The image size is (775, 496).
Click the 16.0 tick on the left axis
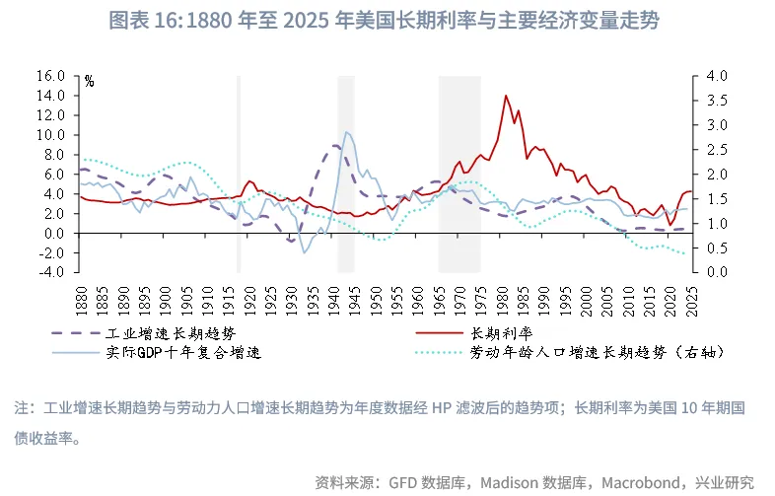49,75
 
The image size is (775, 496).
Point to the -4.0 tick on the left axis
49,272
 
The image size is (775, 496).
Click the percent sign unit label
88,82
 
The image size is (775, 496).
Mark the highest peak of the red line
506,96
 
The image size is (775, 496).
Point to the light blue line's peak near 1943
345,131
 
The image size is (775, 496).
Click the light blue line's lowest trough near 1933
305,253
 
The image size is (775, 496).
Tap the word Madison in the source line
519,482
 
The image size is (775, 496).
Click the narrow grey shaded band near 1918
238,174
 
